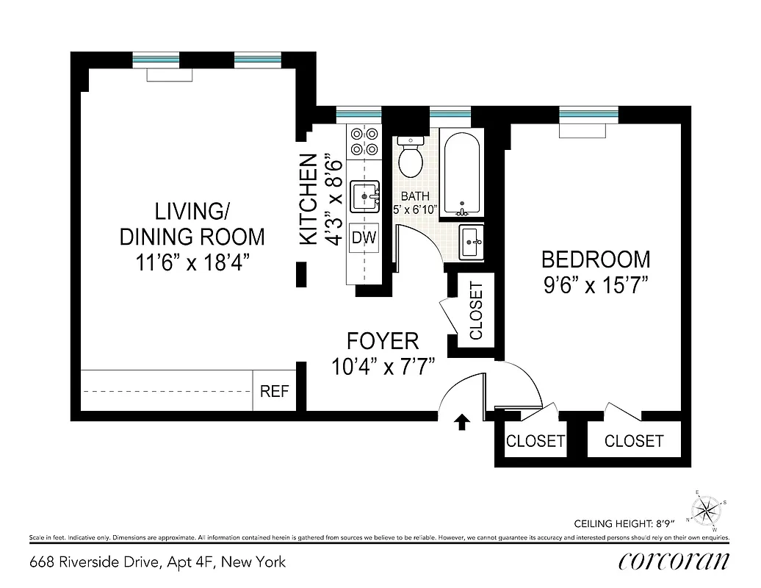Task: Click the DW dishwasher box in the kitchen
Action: pyautogui.click(x=364, y=237)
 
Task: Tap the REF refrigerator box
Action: pyautogui.click(x=275, y=391)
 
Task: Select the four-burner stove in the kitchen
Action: pyautogui.click(x=364, y=141)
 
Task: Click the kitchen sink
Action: pyautogui.click(x=364, y=197)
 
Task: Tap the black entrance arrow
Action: pyautogui.click(x=462, y=421)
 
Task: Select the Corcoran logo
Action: pyautogui.click(x=674, y=562)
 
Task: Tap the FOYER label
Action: pyautogui.click(x=383, y=341)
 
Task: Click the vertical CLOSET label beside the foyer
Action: pyautogui.click(x=476, y=311)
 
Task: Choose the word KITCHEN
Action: pyautogui.click(x=309, y=198)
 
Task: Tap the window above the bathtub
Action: pyautogui.click(x=450, y=114)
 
